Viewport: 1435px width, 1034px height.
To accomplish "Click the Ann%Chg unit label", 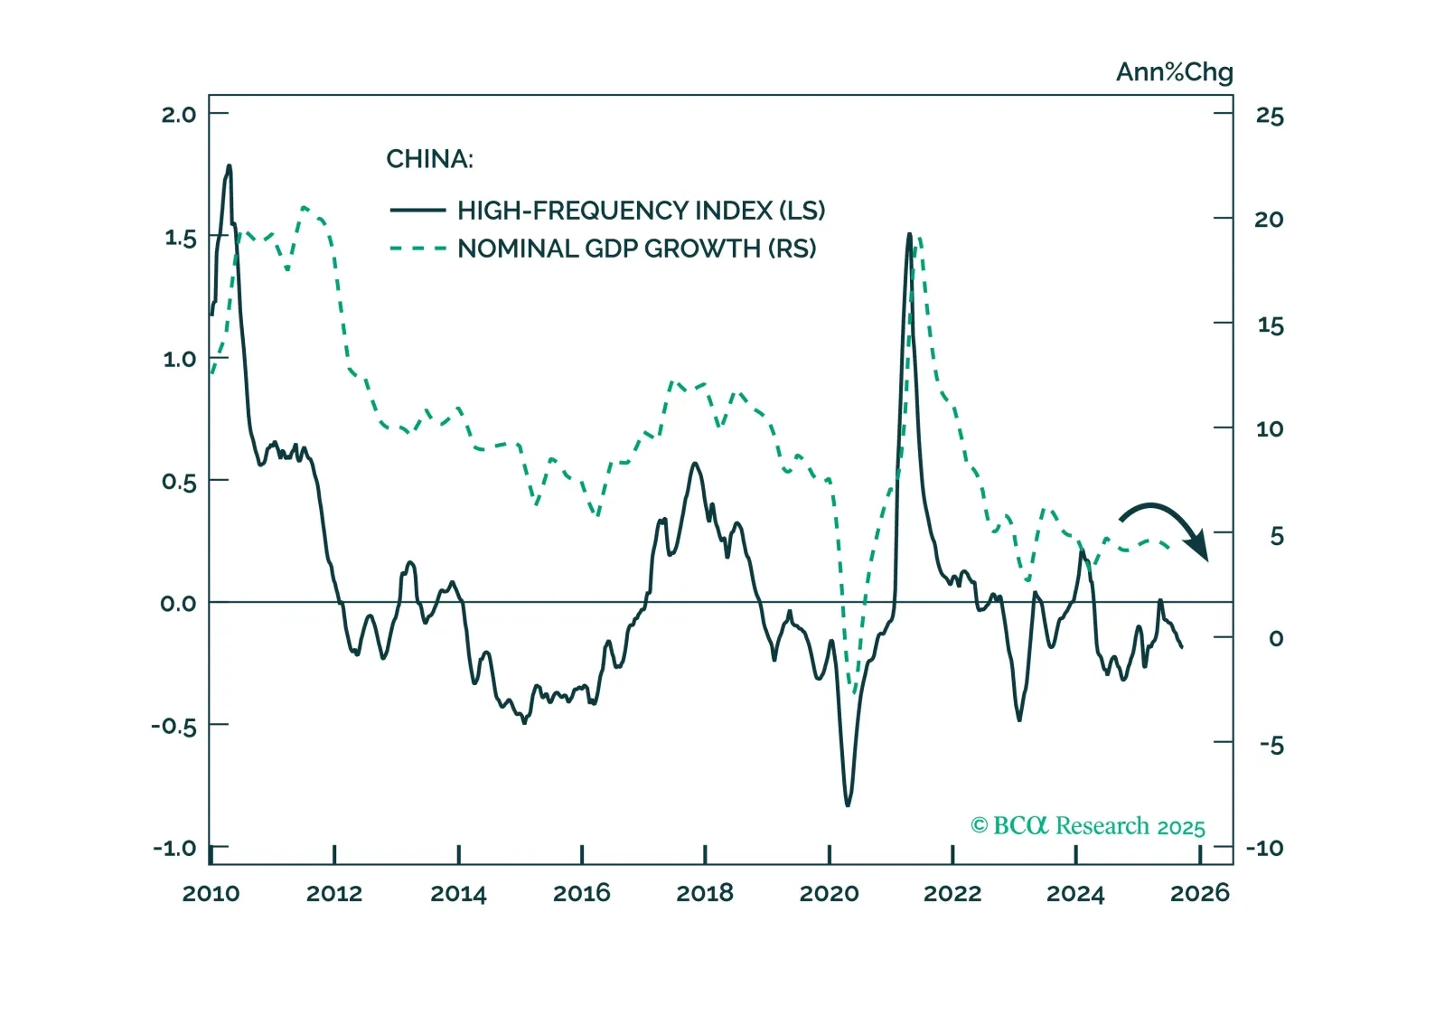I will [1174, 72].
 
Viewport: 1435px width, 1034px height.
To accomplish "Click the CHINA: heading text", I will [429, 159].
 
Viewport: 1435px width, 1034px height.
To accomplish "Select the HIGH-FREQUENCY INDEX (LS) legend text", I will [641, 211].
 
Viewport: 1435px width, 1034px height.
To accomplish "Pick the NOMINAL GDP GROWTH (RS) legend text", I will [636, 249].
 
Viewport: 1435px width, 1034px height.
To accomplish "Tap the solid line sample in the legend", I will [417, 211].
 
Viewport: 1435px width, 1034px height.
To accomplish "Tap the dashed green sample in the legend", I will [417, 249].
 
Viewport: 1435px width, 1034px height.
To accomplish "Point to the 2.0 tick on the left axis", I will [179, 115].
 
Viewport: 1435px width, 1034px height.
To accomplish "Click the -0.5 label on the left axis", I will [174, 727].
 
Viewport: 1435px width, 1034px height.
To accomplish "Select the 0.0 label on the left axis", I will [178, 604].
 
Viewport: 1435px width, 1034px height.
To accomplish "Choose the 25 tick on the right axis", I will [1270, 116].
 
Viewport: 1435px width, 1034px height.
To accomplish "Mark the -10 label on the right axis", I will [1264, 848].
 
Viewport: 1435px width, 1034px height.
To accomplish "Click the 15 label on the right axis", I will [1270, 325].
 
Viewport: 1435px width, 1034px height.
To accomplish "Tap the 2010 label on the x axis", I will [211, 894].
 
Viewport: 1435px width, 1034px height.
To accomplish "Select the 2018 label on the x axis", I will [705, 894].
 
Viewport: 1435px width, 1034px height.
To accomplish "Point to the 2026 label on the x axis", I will [1199, 894].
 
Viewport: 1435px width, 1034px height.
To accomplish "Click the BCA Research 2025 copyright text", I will [1087, 826].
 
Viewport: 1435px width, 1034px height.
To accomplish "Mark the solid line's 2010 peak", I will [229, 166].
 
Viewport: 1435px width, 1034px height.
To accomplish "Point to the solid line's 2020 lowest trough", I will [848, 804].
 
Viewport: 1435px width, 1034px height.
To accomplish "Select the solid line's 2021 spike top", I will [909, 234].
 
